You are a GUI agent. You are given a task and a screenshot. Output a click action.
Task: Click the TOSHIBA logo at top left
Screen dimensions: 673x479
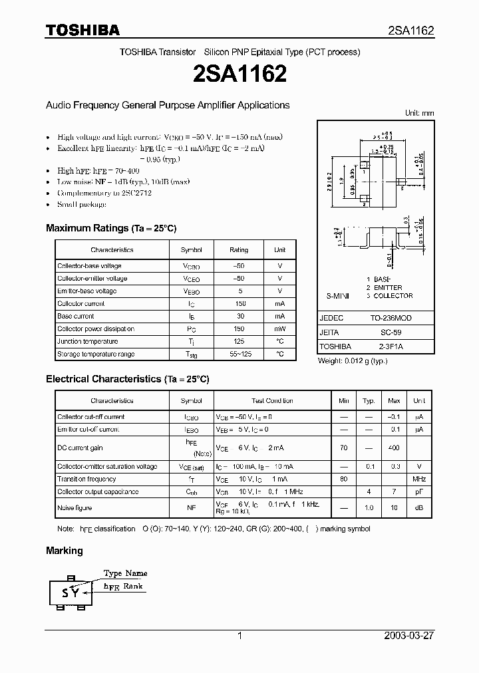click(82, 30)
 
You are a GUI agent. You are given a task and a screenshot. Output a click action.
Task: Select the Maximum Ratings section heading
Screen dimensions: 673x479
click(111, 228)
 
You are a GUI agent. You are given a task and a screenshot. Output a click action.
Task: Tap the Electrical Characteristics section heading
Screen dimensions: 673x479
click(127, 379)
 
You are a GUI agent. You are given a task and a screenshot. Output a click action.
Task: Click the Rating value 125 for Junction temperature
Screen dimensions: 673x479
click(238, 341)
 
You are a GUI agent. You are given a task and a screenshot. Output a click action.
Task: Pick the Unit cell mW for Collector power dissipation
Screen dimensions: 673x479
click(279, 329)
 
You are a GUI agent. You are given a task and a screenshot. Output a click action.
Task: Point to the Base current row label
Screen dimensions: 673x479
click(76, 317)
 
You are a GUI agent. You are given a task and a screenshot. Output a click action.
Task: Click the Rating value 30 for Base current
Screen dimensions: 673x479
click(238, 317)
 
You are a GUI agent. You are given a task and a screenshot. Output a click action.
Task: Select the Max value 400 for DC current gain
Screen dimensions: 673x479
click(394, 448)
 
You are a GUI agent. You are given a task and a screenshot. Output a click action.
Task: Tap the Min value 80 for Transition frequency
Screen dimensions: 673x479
click(343, 479)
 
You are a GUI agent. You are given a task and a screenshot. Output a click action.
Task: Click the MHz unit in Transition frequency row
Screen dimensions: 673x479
click(419, 479)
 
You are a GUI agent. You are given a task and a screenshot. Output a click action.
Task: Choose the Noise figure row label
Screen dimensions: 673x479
click(75, 508)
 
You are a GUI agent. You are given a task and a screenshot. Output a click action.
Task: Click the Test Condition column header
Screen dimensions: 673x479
click(272, 401)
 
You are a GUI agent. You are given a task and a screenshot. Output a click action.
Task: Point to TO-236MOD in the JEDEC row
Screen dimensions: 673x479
click(391, 319)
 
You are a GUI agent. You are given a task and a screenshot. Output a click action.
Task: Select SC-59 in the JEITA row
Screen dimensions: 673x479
click(391, 333)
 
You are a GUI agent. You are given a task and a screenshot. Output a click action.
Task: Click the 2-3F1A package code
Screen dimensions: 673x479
click(391, 346)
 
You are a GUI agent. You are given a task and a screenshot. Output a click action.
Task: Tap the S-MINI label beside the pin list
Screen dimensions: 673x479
click(337, 295)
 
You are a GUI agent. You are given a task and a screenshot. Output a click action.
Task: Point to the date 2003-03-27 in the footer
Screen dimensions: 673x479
click(408, 636)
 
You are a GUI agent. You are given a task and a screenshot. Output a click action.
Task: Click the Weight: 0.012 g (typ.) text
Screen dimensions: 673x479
click(352, 360)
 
